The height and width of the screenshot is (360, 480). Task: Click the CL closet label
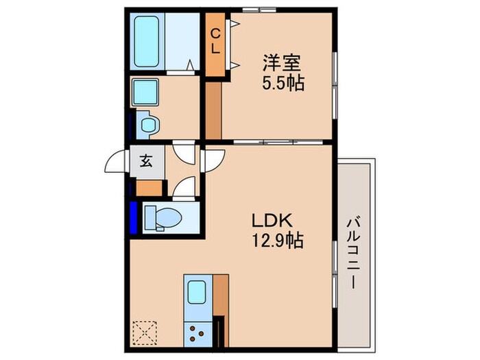point(215,41)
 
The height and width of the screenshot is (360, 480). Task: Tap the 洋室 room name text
point(282,63)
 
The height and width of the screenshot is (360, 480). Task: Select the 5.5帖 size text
point(283,82)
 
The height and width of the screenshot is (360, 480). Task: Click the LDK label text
point(272,221)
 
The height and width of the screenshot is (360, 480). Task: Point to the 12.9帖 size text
point(277,240)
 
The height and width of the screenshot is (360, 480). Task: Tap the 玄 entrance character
point(146,160)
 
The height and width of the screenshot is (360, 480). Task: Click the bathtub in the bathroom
point(147,43)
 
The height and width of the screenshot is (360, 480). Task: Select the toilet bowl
point(163,217)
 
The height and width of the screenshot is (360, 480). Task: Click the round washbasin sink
point(149,125)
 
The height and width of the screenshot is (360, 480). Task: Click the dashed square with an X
point(145,333)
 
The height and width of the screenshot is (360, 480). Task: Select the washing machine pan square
point(145,92)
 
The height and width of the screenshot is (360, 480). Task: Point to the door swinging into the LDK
point(215,160)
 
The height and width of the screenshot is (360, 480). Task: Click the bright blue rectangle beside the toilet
point(134,217)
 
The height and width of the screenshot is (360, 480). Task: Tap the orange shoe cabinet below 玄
point(149,188)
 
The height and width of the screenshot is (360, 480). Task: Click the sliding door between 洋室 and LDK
point(278,142)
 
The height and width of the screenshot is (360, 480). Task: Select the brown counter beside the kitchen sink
point(221,295)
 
